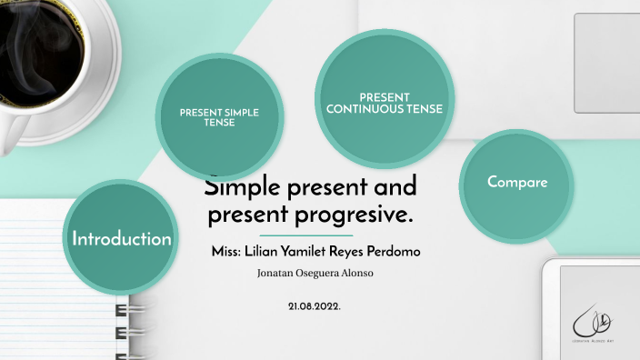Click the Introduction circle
point(121,239)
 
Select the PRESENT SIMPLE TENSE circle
point(219,117)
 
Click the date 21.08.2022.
point(315,306)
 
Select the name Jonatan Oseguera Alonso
point(315,273)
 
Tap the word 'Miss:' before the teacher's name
point(225,250)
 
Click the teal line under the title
point(313,235)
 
